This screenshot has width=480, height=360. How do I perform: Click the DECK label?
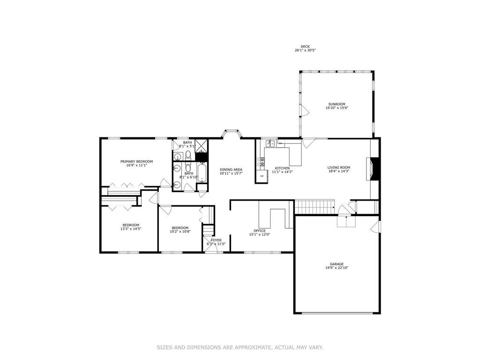tap(305, 46)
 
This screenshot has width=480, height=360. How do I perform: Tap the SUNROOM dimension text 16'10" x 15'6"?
tap(337, 108)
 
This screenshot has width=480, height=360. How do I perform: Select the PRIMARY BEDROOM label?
tap(136, 162)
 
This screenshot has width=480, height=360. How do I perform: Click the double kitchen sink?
tap(270, 143)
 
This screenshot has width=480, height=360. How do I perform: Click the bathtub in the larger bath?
tap(202, 172)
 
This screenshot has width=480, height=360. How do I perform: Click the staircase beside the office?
tap(315, 207)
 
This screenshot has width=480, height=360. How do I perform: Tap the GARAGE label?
tap(337, 264)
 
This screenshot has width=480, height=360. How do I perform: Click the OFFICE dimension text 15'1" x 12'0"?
tap(260, 234)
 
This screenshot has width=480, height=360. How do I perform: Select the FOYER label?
tap(216, 240)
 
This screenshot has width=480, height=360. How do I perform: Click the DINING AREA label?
tap(231, 170)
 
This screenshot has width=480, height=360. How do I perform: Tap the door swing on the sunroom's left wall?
tap(305, 111)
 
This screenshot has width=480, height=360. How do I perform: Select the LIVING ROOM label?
tap(339, 167)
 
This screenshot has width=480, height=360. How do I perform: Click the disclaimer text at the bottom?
tap(240, 347)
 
